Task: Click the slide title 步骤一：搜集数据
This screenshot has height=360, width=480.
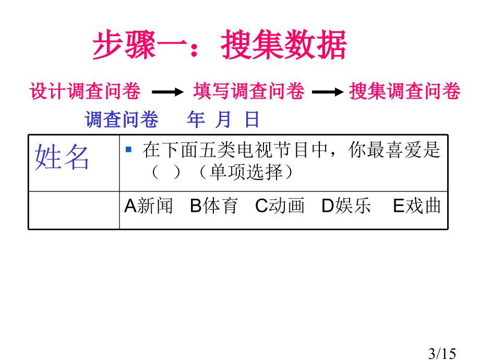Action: (x=220, y=45)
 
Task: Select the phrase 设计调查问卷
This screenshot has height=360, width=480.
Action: (x=85, y=91)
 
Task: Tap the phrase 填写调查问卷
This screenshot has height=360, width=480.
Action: (x=249, y=91)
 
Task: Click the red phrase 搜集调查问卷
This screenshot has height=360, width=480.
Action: (x=405, y=91)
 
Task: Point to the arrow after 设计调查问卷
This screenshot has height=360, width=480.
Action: (x=168, y=92)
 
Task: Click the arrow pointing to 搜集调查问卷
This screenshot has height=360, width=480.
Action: (x=328, y=92)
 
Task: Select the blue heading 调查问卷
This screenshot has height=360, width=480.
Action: (x=122, y=119)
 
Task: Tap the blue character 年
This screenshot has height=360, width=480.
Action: (x=196, y=119)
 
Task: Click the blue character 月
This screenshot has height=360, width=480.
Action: (x=223, y=119)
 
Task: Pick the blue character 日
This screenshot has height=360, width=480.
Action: (x=252, y=119)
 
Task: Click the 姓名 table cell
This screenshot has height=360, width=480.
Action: (x=74, y=163)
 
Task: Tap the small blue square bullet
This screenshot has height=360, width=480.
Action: (x=128, y=149)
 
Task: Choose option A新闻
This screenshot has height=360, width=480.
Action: (x=149, y=206)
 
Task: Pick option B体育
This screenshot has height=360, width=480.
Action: (x=214, y=206)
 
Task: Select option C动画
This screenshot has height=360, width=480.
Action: (x=280, y=206)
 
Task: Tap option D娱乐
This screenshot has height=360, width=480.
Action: (x=346, y=206)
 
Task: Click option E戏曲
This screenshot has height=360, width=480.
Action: (x=417, y=206)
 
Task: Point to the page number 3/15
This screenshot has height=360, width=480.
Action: (x=442, y=353)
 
